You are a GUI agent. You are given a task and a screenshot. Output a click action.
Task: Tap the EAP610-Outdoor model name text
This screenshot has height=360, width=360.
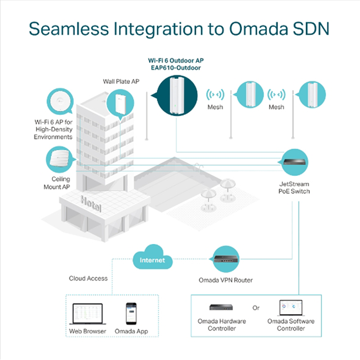click(175, 67)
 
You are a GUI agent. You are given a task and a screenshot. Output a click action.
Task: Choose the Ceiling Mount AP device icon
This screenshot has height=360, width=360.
click(60, 160)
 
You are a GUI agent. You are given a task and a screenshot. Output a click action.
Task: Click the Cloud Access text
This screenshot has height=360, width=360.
click(88, 278)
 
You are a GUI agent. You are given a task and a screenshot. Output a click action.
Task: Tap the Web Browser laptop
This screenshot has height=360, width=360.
click(87, 315)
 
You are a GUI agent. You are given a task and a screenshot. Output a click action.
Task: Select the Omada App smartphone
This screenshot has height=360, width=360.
click(131, 313)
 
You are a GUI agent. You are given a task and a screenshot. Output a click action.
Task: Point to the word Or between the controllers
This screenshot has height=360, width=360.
click(256, 308)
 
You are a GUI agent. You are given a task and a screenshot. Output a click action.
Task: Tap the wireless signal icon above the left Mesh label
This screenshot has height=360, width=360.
click(215, 95)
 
